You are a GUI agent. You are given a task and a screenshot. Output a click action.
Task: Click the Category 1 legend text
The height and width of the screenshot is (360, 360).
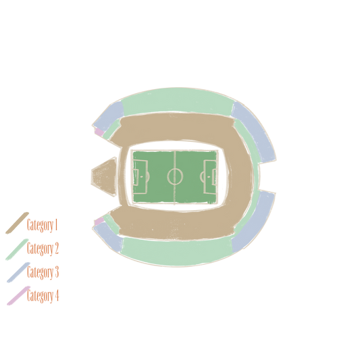pyautogui.click(x=42, y=225)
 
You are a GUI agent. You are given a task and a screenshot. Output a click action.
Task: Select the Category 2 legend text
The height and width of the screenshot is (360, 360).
pyautogui.click(x=43, y=249)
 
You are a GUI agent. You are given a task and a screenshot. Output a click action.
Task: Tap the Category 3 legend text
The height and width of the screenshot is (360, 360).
pyautogui.click(x=43, y=272)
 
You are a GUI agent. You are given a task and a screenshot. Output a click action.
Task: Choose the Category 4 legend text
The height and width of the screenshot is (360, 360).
pyautogui.click(x=43, y=295)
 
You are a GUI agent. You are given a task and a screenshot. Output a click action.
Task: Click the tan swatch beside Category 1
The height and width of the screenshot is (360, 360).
pyautogui.click(x=17, y=223)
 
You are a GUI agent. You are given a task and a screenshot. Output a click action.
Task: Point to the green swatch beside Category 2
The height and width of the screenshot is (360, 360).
pyautogui.click(x=17, y=249)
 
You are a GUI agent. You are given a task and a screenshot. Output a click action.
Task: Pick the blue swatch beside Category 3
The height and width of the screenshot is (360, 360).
pyautogui.click(x=18, y=272)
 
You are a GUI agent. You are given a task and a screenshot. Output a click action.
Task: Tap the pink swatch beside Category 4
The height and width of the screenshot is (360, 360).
pyautogui.click(x=18, y=296)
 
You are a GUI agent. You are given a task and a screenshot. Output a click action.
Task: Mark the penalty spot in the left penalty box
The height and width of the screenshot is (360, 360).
pyautogui.click(x=141, y=176)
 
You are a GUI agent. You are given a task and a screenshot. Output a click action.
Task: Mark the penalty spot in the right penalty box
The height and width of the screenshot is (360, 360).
pyautogui.click(x=209, y=177)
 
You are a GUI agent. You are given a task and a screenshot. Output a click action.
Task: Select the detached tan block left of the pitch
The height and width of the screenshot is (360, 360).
pyautogui.click(x=105, y=177)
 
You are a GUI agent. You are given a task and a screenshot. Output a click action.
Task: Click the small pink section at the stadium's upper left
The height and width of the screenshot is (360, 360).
pyautogui.click(x=99, y=132)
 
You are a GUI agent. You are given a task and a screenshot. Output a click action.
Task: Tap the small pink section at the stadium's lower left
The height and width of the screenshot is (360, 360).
pyautogui.click(x=99, y=222)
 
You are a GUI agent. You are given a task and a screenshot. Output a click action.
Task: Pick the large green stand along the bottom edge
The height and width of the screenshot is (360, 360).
pyautogui.click(x=177, y=252)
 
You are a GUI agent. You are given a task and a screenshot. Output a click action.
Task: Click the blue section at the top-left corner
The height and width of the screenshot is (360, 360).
pyautogui.click(x=109, y=116)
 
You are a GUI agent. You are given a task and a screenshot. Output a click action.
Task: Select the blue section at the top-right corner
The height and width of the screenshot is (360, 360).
pyautogui.click(x=255, y=131)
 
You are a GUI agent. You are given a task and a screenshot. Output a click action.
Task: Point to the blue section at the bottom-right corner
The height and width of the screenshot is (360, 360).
pyautogui.click(x=255, y=222)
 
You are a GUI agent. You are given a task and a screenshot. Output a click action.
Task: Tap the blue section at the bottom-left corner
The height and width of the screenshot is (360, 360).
pyautogui.click(x=107, y=237)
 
